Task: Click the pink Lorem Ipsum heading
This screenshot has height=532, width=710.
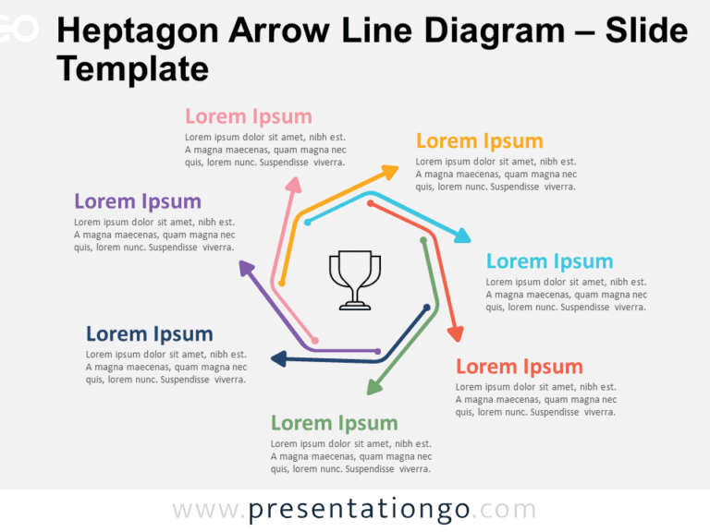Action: pos(248,116)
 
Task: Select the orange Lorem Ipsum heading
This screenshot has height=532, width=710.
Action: pos(479,140)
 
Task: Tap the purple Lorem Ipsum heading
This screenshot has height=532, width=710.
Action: pos(137,201)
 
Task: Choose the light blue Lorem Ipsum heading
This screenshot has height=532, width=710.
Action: pos(549,261)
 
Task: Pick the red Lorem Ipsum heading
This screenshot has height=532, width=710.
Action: pos(519,367)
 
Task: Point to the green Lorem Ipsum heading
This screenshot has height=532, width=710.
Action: pos(334,423)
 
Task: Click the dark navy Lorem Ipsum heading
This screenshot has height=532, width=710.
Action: pos(149,333)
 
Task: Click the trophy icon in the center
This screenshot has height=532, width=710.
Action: pos(354,279)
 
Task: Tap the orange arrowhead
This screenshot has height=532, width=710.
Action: pos(390,171)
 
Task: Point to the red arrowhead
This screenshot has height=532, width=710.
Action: pos(455,332)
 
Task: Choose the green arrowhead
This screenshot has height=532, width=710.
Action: pos(373,387)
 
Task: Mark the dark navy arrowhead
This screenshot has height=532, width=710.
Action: pos(277,359)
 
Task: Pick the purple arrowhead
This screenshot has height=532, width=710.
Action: pos(245,268)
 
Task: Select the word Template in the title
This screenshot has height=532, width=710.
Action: pos(132,69)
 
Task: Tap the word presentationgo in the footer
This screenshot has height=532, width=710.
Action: pos(359,510)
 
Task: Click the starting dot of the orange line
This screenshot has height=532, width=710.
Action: pos(282,283)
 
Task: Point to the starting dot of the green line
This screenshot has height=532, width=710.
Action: pos(423,240)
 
